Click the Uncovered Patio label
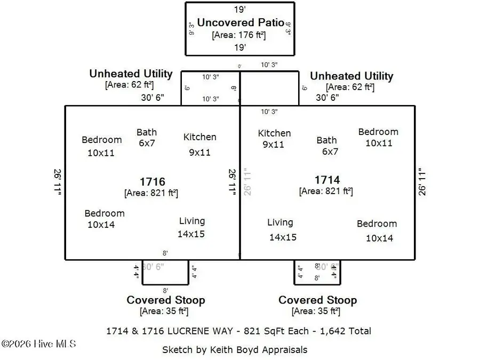239,23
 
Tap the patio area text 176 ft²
239,35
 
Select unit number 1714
327,180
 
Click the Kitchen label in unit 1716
200,137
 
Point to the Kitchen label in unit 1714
274,133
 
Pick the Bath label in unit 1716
147,132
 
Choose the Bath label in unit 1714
326,140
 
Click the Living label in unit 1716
191,221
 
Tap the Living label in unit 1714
280,222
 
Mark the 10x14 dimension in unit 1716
101,225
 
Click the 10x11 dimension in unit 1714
379,143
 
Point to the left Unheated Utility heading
131,74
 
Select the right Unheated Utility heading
351,76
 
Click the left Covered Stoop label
165,300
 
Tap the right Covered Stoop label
317,300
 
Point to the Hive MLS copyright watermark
38,343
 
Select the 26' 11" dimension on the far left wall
58,183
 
